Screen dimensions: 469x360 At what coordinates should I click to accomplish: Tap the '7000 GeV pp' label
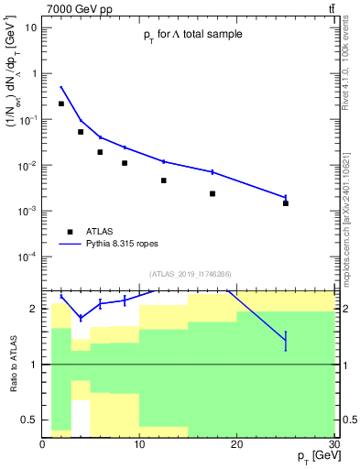[78, 8]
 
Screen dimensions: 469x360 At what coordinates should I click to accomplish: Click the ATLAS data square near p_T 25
[286, 203]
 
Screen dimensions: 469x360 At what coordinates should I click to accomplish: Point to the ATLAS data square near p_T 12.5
[164, 180]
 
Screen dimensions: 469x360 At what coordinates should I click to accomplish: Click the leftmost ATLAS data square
[61, 104]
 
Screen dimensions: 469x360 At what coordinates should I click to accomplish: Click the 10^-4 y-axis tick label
[28, 256]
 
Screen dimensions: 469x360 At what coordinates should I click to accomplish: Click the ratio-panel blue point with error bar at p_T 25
[286, 341]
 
